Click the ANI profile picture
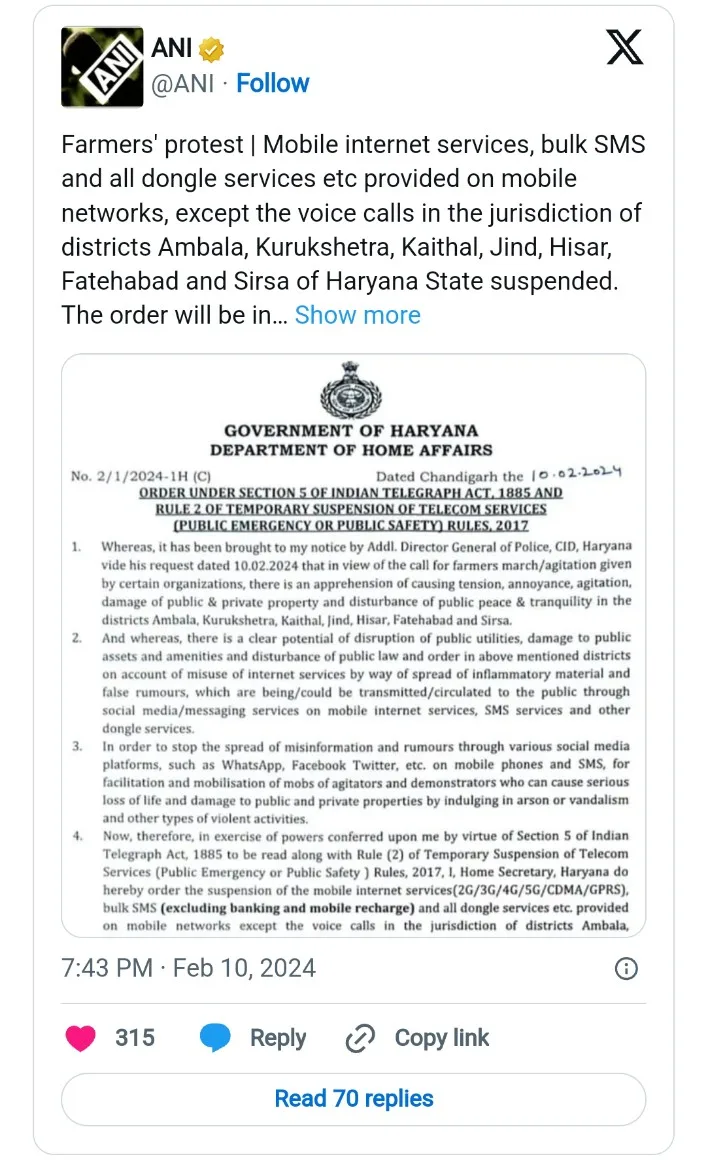(x=101, y=67)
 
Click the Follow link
(x=272, y=83)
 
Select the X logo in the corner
(x=625, y=46)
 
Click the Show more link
(x=357, y=315)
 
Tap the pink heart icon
(x=80, y=1038)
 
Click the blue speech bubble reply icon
(x=215, y=1038)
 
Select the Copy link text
(x=441, y=1038)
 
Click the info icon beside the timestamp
(x=625, y=968)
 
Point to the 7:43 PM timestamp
(x=108, y=968)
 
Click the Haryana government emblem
(x=351, y=391)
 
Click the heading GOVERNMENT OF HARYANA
(x=351, y=432)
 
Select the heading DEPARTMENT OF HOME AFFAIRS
(x=351, y=451)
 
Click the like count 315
(x=135, y=1038)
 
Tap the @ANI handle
(x=182, y=83)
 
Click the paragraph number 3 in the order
(x=76, y=746)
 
